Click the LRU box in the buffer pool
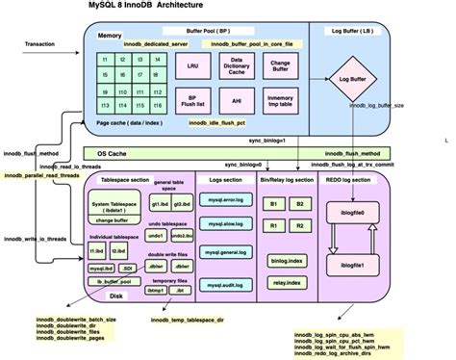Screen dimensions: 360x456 pos(192,67)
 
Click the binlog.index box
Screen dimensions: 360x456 pos(287,260)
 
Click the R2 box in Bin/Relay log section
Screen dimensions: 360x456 pos(300,226)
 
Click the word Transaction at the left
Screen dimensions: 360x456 pos(39,44)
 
